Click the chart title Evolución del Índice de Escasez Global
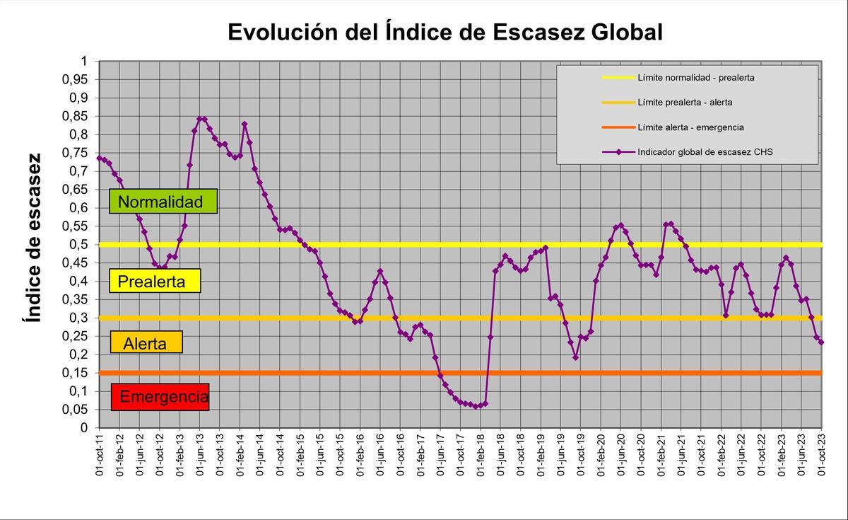tap(444, 32)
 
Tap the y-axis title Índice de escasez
tap(33, 237)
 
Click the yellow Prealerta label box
tap(155, 282)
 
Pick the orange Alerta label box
tap(146, 344)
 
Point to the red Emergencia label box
tap(160, 397)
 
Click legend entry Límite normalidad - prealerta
tap(695, 77)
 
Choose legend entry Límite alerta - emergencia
tap(690, 127)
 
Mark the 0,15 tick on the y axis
tap(74, 373)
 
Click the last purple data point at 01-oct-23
tap(821, 342)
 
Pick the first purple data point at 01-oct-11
tap(100, 158)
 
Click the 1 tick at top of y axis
tap(83, 62)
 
